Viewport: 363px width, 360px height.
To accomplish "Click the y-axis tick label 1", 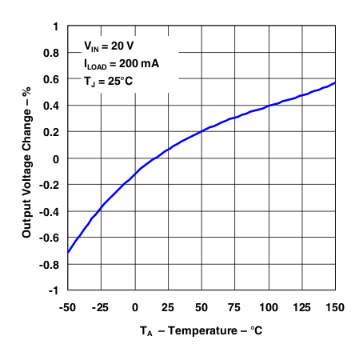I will (x=55, y=26).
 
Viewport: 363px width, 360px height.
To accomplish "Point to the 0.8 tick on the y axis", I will (x=51, y=53).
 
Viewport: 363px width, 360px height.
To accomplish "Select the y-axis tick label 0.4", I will (x=51, y=106).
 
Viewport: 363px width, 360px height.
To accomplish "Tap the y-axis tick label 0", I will (x=55, y=158).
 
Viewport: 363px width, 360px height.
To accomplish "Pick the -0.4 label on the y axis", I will (x=50, y=211).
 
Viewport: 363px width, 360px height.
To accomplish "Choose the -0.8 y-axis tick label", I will (x=50, y=264).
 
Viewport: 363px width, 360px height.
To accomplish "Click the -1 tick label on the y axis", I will (x=53, y=290).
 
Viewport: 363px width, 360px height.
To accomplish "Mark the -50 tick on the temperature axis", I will (x=67, y=306).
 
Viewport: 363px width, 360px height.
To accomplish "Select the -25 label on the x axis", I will (x=100, y=306).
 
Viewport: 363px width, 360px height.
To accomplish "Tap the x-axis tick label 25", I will (x=167, y=306).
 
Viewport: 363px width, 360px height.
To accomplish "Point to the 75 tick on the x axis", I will (x=234, y=306).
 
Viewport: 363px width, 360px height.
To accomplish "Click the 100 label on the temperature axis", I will (x=268, y=306).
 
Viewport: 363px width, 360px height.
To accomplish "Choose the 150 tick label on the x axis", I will (x=335, y=306).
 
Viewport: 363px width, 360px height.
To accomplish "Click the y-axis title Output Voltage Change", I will (x=26, y=158).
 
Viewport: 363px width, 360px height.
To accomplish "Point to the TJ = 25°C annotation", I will (x=110, y=82).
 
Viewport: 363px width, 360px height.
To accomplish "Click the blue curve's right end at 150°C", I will (x=335, y=82).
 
